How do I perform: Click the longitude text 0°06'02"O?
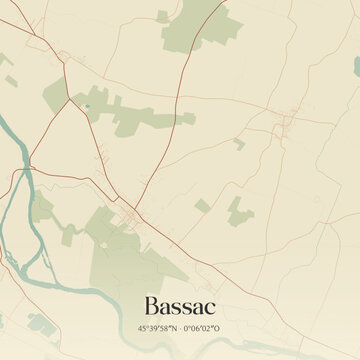pyautogui.click(x=206, y=327)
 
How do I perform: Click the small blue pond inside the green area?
pyautogui.click(x=87, y=104)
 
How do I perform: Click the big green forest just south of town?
pyautogui.click(x=135, y=255)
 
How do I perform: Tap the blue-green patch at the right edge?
pyautogui.click(x=356, y=64)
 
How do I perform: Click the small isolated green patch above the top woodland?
pyautogui.click(x=162, y=16)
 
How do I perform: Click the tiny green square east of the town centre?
pyautogui.click(x=202, y=206)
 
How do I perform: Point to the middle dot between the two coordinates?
pyautogui.click(x=180, y=327)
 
